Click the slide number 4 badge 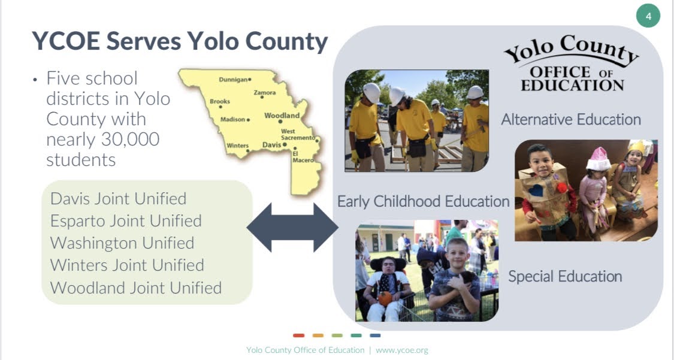coord(648,16)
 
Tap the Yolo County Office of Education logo coord(572,63)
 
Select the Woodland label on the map coord(282,116)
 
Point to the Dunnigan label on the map coord(233,80)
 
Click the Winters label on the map coord(238,146)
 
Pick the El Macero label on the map coord(303,157)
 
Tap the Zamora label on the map coord(265,92)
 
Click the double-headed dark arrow coord(293,227)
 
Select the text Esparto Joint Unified coord(126,221)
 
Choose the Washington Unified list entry coord(122,243)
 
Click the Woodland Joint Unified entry coord(136,288)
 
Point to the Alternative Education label coord(571,119)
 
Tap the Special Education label coord(565,276)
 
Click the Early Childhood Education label coord(424,201)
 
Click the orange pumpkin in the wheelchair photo coord(385,298)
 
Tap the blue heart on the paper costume coord(536,190)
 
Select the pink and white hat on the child coord(599,159)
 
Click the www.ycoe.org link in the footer coord(402,350)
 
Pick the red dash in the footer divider coord(299,335)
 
